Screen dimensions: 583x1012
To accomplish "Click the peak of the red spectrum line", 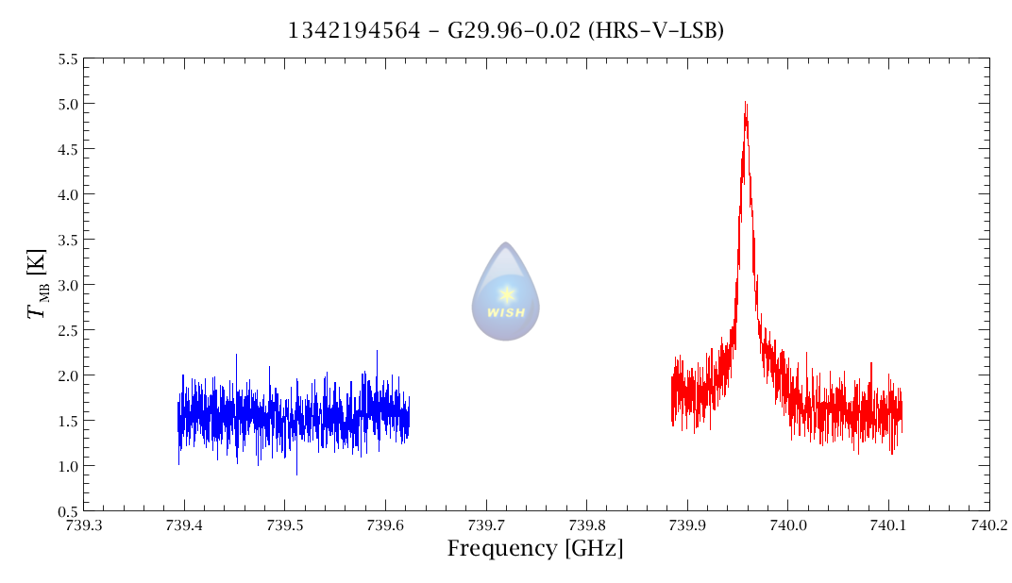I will tap(745, 103).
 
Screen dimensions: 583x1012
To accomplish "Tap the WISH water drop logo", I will tap(506, 292).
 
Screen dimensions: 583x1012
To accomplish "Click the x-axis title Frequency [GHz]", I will tap(535, 548).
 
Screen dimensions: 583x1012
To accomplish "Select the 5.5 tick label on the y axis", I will tap(68, 58).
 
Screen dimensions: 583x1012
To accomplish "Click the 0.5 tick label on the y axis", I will tap(68, 511).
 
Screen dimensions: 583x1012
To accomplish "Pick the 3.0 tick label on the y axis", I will tap(68, 285).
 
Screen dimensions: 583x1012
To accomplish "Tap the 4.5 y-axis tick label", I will tap(68, 149).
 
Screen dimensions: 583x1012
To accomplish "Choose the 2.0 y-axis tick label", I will tap(68, 375).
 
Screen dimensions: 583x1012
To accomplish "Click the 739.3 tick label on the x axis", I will tap(83, 525).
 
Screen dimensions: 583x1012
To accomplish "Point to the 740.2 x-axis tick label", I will tap(988, 525).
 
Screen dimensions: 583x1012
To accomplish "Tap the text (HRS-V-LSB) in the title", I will tap(656, 31).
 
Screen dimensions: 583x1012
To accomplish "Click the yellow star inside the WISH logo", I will tap(506, 293).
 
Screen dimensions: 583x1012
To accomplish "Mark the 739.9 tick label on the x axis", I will tap(687, 525).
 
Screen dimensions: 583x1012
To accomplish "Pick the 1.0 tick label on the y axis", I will tap(68, 466).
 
